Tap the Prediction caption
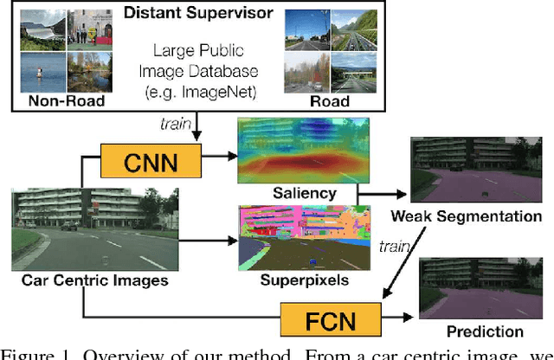tap(484, 331)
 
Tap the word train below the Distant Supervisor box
tap(172, 124)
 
